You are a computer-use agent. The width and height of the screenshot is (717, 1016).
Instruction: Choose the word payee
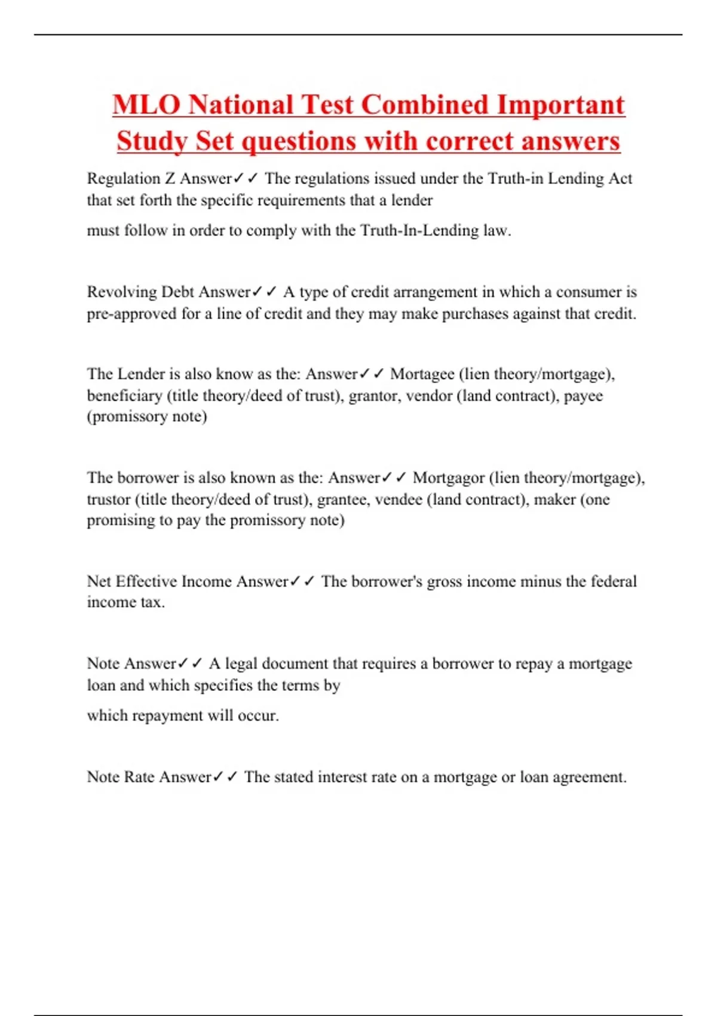583,396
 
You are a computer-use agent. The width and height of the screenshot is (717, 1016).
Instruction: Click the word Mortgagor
448,478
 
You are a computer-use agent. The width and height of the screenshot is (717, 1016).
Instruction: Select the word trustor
108,500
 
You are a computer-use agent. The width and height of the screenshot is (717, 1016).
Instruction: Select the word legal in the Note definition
241,664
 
